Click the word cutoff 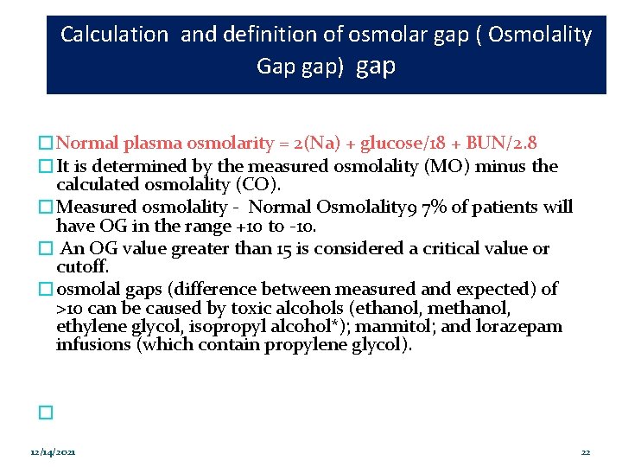[x=79, y=267]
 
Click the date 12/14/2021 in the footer [x=52, y=453]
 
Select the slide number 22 [x=585, y=453]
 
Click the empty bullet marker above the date [x=46, y=414]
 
